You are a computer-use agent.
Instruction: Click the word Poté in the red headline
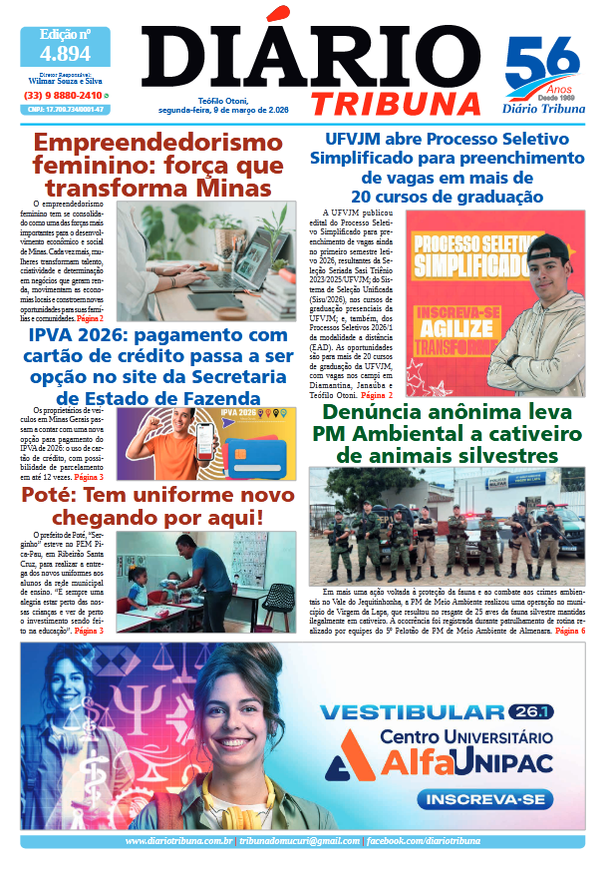pos(58,495)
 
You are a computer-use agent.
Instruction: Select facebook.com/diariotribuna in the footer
pos(427,843)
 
